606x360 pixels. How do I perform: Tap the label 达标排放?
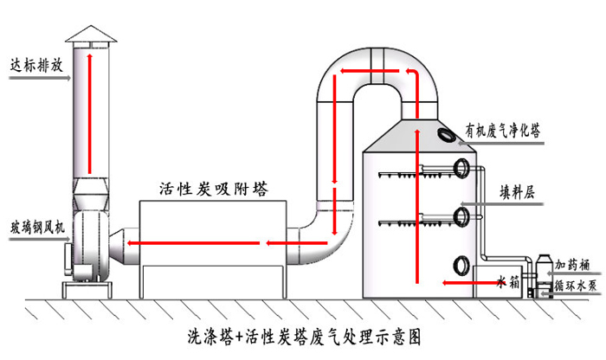[x=32, y=63]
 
